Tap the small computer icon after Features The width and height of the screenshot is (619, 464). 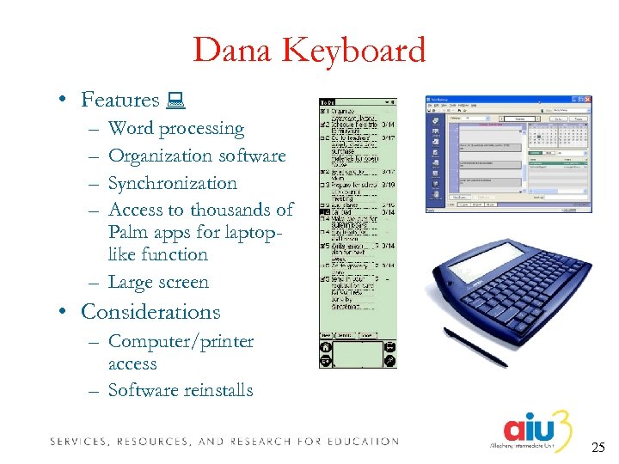(x=178, y=101)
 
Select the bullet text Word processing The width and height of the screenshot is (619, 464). (x=176, y=129)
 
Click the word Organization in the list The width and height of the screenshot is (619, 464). (x=161, y=156)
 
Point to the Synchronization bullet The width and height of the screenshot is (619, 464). (x=173, y=183)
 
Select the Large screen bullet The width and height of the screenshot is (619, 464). (x=158, y=282)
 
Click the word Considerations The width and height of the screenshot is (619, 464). (x=150, y=312)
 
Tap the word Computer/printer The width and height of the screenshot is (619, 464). (x=181, y=341)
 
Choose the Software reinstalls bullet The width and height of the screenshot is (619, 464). (x=181, y=390)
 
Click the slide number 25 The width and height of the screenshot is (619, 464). (x=599, y=447)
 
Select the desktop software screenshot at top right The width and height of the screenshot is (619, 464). (x=507, y=154)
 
